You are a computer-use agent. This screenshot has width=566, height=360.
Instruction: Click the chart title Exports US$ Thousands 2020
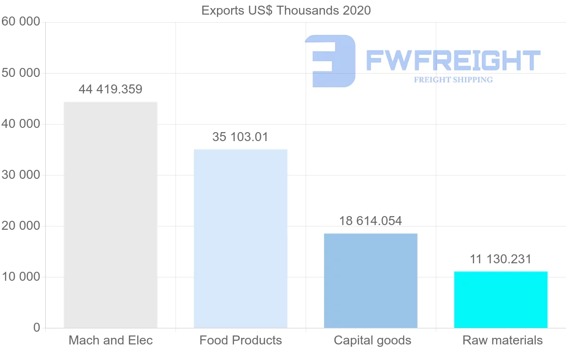[286, 10]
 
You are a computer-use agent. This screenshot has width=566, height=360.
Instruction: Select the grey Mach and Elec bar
[110, 215]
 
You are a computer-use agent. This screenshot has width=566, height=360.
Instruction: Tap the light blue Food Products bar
[241, 238]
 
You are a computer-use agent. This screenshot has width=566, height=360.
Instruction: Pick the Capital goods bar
[371, 280]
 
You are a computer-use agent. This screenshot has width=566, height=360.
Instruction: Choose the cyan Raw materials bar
[501, 299]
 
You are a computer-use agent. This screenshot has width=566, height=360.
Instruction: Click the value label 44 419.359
[110, 89]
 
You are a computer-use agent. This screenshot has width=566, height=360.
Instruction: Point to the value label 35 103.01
[241, 137]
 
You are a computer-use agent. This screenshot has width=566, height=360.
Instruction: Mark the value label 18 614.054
[371, 221]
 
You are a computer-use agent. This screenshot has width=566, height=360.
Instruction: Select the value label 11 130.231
[500, 259]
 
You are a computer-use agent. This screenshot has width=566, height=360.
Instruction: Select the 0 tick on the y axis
[37, 328]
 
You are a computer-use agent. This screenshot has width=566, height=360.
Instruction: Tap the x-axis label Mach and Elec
[111, 340]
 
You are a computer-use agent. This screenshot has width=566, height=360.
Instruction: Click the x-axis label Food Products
[241, 340]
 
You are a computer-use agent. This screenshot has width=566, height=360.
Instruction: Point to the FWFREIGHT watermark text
[453, 60]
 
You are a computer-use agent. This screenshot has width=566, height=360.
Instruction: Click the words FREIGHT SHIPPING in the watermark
[453, 80]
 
